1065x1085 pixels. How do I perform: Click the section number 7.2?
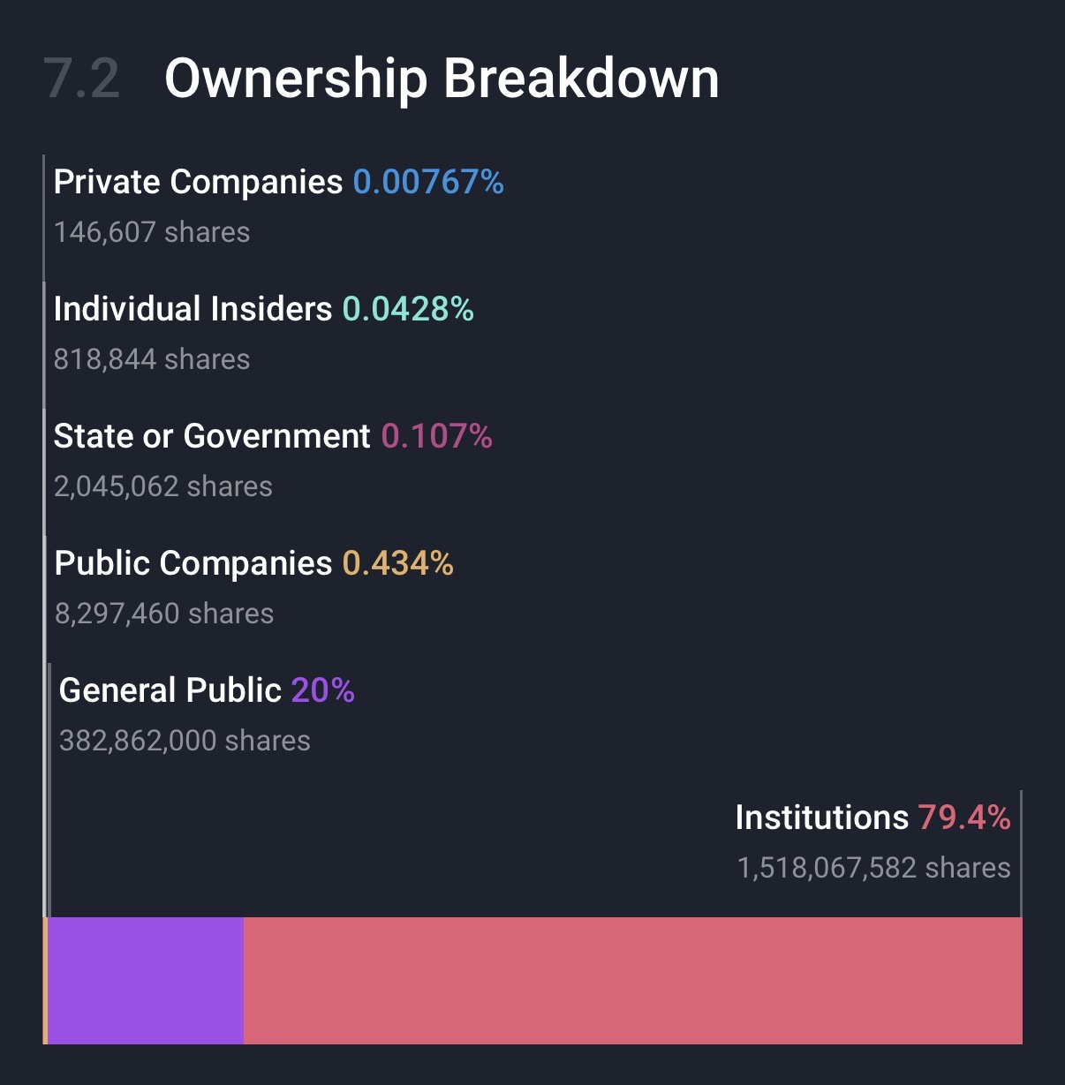click(x=81, y=79)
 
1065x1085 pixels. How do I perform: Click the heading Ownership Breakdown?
click(x=442, y=79)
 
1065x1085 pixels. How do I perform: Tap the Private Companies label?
click(x=198, y=182)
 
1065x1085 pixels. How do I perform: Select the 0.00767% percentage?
click(x=428, y=182)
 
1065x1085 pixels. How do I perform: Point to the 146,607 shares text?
click(x=152, y=232)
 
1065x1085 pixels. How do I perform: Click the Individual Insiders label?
click(x=193, y=309)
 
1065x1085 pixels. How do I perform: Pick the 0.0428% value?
click(x=408, y=309)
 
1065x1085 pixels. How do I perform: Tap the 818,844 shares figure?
click(x=152, y=359)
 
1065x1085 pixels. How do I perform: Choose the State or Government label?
click(x=212, y=436)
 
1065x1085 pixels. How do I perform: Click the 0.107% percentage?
click(x=437, y=436)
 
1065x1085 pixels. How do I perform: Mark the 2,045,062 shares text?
click(x=163, y=486)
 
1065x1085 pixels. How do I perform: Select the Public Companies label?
click(x=193, y=563)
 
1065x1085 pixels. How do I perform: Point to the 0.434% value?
click(x=398, y=563)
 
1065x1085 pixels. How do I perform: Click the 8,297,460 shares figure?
click(x=164, y=614)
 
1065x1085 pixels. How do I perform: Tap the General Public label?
click(x=170, y=690)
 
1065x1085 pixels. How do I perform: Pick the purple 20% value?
click(x=323, y=690)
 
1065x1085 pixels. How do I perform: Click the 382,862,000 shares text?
click(x=185, y=741)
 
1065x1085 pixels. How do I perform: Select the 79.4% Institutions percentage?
click(x=964, y=818)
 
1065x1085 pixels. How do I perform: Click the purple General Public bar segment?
click(x=146, y=981)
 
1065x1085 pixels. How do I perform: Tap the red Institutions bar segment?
click(x=632, y=981)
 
